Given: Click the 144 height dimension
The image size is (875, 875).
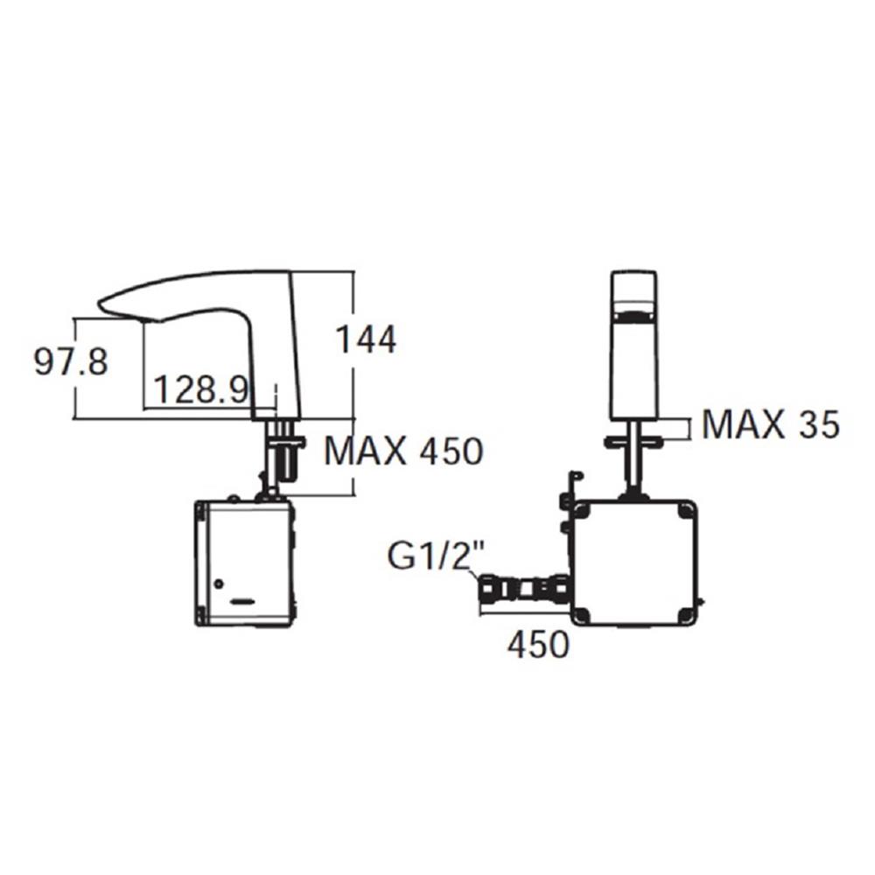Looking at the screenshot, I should pos(367,339).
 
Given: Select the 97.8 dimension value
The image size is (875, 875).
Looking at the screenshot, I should pos(71,360).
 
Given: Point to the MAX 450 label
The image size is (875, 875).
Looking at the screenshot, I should pos(403,451).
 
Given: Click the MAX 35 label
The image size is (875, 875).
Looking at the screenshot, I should pos(770,425).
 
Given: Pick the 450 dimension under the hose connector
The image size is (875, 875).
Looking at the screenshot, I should pos(538,646).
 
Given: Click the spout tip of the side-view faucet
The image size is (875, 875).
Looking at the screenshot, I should pos(103,304).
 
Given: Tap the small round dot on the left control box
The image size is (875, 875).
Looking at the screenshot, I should pos(218,583).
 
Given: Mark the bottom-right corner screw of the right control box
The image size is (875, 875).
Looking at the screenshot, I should pos(688,614).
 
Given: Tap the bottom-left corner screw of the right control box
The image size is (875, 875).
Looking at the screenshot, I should pos(584,614).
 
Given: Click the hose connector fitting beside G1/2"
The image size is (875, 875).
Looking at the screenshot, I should pos(522,589).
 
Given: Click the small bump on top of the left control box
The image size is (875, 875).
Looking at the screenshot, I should pos(234,499).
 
